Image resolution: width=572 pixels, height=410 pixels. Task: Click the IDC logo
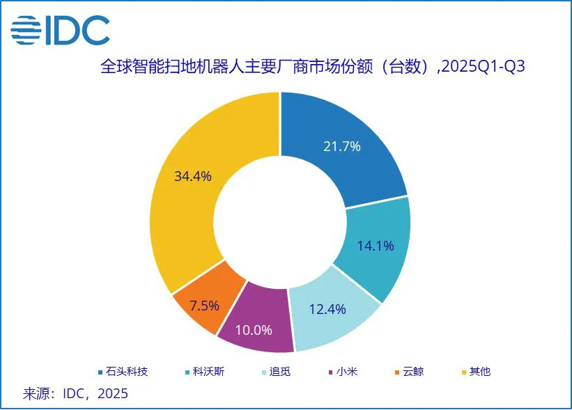60,29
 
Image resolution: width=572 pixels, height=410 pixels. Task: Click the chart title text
313,67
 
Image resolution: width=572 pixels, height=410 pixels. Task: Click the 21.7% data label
341,146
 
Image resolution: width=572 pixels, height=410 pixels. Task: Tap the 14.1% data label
376,246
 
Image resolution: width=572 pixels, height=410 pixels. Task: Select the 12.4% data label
327,309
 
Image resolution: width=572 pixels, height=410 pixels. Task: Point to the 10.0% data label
254,329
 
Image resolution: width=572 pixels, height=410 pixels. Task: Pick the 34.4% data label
193,176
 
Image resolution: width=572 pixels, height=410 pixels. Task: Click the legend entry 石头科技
121,371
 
